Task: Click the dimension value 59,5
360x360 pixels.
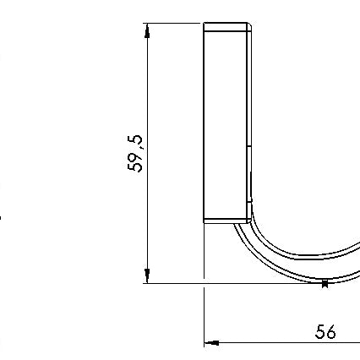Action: (x=135, y=154)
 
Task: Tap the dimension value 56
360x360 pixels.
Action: (x=325, y=331)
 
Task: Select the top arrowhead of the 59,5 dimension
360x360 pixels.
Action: (x=147, y=31)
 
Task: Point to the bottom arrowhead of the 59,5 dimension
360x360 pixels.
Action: (x=147, y=275)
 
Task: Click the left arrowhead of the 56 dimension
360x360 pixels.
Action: (x=211, y=343)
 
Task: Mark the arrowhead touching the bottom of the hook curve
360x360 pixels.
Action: (x=325, y=284)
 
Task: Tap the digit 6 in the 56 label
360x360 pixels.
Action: (x=331, y=332)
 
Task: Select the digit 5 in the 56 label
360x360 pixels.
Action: (x=320, y=332)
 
